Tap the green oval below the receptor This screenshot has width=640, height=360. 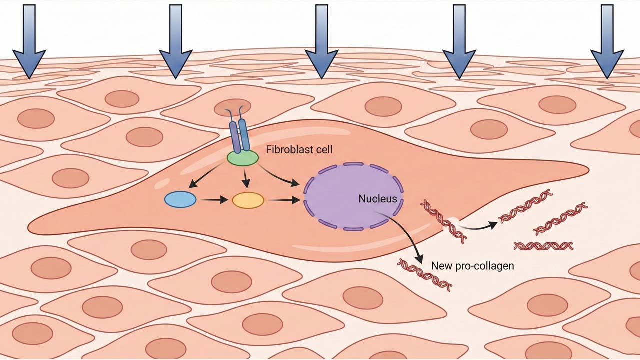pos(243,158)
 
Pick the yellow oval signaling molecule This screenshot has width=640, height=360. pos(248,200)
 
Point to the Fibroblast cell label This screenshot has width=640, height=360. pos(299,149)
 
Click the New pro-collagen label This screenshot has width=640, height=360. pos(472,266)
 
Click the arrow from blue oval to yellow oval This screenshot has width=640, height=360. pos(214,200)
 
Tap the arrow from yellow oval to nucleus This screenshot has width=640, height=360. pos(284,200)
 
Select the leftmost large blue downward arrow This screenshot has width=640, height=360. pos(29,42)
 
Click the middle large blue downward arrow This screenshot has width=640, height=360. pos(322,42)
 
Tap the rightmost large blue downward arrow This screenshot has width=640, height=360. pos(607,42)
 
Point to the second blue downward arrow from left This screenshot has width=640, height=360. pos(175,42)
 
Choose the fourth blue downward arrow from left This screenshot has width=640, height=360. pos(459,42)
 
